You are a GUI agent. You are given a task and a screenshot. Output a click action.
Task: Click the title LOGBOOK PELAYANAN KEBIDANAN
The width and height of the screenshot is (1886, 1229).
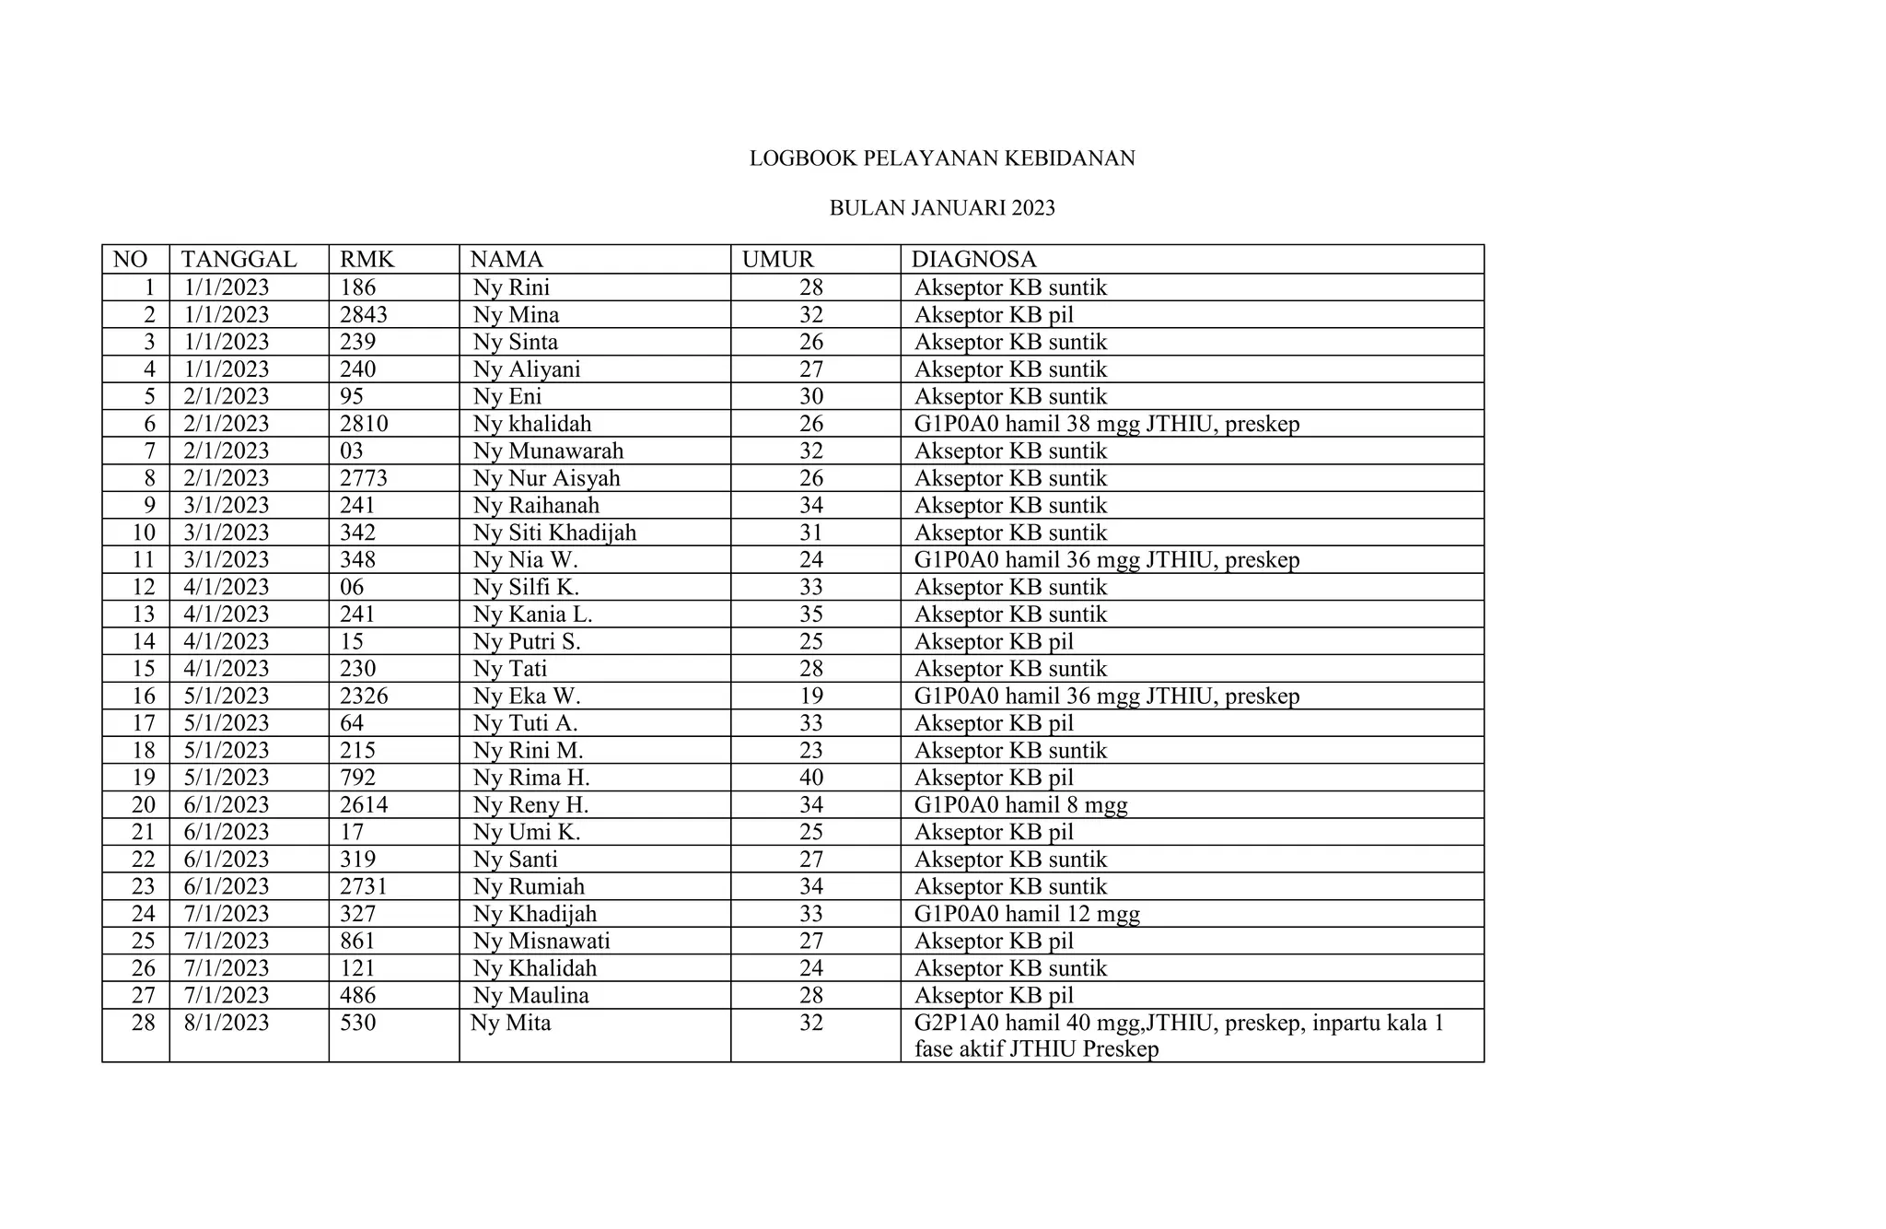pos(942,158)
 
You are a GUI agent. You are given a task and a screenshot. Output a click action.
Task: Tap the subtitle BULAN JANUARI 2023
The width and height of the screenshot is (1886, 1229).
pos(942,208)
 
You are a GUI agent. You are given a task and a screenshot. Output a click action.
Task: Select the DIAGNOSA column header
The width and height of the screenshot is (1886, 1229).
pos(973,260)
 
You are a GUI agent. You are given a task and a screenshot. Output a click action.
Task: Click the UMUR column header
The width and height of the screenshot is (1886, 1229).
pos(778,260)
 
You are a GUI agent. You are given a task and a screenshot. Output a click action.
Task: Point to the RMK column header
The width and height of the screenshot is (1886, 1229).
pos(367,260)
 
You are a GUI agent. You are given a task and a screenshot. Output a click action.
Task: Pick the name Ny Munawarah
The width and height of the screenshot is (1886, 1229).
pos(548,451)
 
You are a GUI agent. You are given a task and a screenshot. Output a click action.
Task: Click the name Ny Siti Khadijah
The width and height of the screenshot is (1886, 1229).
pos(554,533)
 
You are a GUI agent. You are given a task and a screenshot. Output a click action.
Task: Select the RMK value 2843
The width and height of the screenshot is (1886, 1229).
pos(364,315)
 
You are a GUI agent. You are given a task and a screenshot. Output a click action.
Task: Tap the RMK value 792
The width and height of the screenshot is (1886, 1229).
pos(358,778)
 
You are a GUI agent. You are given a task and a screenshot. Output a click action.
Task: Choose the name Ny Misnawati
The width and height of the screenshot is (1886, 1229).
pos(541,941)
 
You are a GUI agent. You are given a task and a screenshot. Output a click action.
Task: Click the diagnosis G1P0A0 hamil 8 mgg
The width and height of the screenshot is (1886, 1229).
pos(1020,805)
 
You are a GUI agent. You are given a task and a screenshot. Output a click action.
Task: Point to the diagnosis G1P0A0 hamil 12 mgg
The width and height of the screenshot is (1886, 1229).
pos(1027,914)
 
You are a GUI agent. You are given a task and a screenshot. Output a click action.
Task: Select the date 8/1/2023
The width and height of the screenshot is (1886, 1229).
pos(227,1023)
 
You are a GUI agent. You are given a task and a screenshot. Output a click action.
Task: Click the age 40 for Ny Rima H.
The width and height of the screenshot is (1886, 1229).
pos(811,778)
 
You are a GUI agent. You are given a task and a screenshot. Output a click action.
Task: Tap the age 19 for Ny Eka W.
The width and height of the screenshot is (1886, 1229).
pos(811,696)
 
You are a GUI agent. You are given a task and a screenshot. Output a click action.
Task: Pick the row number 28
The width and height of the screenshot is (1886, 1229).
pos(144,1023)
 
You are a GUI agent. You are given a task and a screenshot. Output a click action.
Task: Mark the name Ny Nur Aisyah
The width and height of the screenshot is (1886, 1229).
pos(546,478)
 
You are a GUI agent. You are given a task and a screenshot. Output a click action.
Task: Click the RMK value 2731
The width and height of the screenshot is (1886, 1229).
pos(364,886)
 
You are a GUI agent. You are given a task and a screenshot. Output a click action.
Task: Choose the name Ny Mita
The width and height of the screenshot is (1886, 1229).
pos(511,1023)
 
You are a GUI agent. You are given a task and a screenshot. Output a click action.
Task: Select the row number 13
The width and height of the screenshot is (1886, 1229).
pos(144,614)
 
